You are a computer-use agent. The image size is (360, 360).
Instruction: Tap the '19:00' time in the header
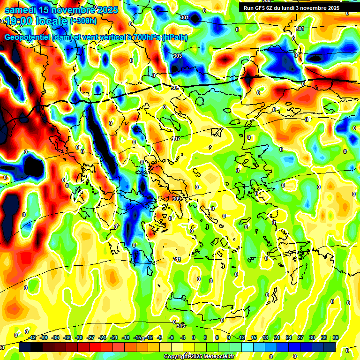click(18, 21)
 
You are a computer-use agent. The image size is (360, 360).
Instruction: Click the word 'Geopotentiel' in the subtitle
click(28, 37)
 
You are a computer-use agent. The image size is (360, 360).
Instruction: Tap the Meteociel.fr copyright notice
click(199, 356)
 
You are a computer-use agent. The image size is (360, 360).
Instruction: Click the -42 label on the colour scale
click(32, 337)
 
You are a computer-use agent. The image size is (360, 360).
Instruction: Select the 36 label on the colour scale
click(335, 337)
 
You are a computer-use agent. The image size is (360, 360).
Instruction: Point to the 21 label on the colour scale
click(277, 337)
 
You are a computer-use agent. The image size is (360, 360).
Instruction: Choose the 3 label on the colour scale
click(205, 337)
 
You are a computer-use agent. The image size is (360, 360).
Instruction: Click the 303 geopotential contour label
click(178, 56)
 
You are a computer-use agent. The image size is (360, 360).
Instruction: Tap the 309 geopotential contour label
click(177, 199)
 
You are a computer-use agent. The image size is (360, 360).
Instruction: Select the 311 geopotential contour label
click(177, 259)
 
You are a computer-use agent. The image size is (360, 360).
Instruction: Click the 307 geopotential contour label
click(176, 139)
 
